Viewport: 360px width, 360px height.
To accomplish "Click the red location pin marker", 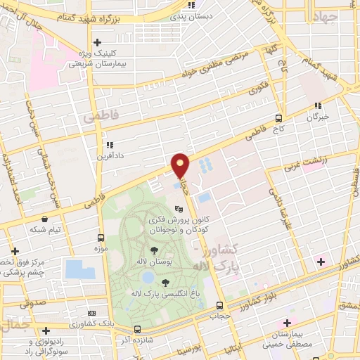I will pyautogui.click(x=181, y=165).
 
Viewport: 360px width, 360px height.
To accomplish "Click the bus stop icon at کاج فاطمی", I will pyautogui.click(x=279, y=118).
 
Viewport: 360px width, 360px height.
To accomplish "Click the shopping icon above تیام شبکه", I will pyautogui.click(x=45, y=219).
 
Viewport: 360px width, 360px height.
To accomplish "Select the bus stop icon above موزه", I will pyautogui.click(x=101, y=238).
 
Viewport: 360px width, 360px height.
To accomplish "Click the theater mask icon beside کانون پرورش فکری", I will pyautogui.click(x=179, y=209).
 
